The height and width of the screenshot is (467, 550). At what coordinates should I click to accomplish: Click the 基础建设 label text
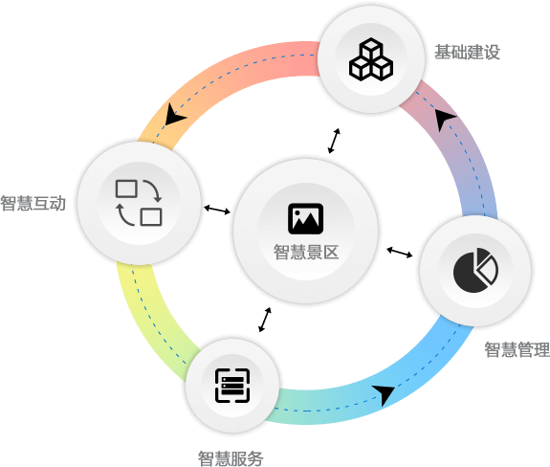(467, 52)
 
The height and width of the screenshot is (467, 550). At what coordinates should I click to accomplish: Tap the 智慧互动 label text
(33, 203)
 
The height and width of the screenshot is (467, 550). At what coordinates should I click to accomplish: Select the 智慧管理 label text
(517, 349)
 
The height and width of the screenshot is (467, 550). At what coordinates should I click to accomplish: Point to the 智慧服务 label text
(231, 458)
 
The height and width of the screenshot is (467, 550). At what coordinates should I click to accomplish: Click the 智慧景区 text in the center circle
(306, 252)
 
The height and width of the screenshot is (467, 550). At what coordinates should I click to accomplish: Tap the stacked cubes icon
(371, 59)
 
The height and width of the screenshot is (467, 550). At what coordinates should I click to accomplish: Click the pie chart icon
(475, 270)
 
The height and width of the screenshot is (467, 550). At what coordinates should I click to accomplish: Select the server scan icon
(232, 386)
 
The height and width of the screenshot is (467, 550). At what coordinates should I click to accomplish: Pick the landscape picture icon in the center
(306, 218)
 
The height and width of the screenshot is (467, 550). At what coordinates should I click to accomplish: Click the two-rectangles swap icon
(139, 203)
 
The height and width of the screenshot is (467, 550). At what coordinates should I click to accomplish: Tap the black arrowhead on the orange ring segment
(174, 115)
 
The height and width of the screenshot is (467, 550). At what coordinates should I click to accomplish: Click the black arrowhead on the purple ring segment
(445, 119)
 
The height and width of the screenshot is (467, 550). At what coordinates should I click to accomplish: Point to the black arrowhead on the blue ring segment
(385, 394)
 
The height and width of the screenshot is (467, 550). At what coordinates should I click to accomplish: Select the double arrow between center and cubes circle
(334, 141)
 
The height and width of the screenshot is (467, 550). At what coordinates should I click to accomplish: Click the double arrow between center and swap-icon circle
(217, 210)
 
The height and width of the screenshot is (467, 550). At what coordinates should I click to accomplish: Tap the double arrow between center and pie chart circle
(400, 253)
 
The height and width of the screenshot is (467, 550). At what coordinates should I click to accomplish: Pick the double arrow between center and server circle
(265, 320)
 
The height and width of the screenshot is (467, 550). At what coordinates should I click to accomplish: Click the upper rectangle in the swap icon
(126, 189)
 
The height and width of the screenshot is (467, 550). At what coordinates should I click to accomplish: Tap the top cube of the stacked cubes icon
(371, 48)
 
